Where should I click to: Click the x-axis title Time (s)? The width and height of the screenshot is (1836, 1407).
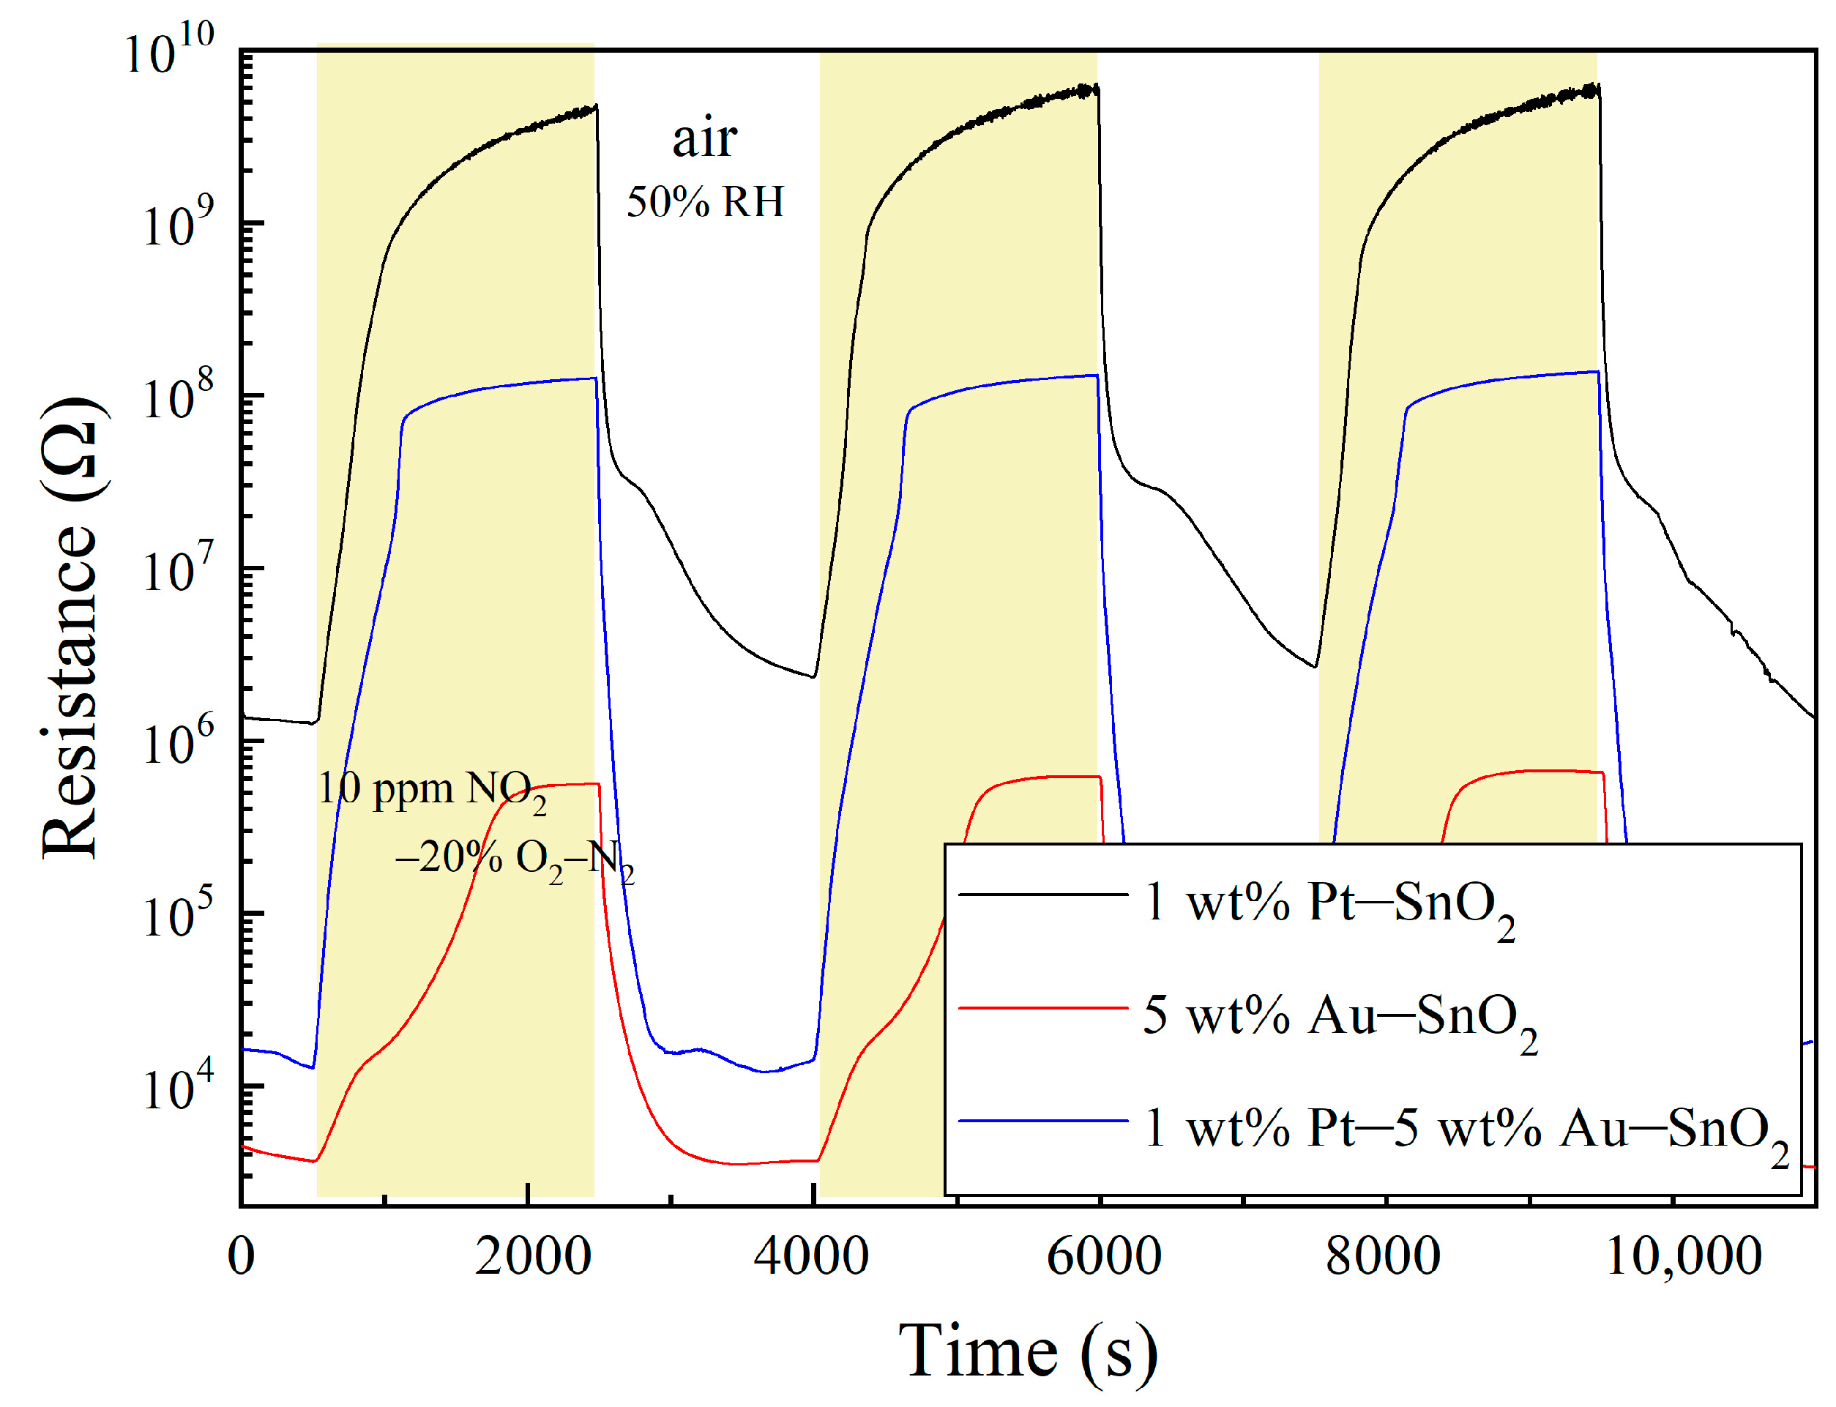click(x=1028, y=1350)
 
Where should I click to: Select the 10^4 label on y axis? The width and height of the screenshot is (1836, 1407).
click(x=178, y=1087)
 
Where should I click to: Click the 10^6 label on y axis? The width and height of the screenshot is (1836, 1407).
click(x=178, y=742)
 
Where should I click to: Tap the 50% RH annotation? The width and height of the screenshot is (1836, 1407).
click(x=705, y=202)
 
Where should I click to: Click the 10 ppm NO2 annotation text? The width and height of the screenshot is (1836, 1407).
click(x=431, y=791)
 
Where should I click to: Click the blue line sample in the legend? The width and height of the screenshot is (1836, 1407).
click(x=1042, y=1121)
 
